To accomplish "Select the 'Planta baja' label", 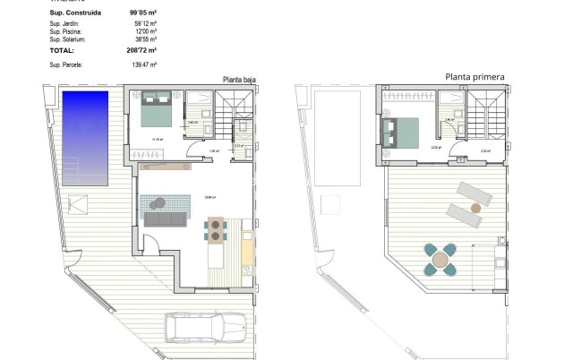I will [239, 80].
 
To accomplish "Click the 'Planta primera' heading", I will [474, 77].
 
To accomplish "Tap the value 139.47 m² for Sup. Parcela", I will [143, 64].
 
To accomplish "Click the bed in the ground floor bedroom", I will [154, 112].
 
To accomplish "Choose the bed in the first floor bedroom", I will [399, 133].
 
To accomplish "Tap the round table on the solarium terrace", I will [440, 261].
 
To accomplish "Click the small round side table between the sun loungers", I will [475, 207].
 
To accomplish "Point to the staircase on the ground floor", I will [238, 114].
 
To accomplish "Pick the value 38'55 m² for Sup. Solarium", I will [144, 40].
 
